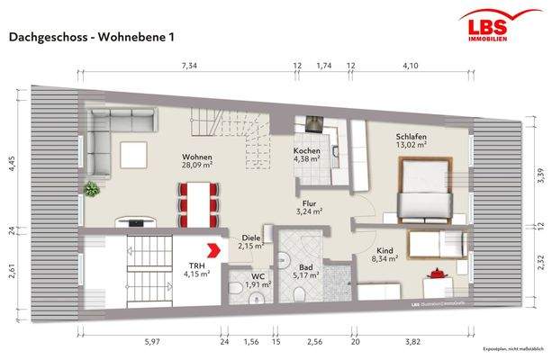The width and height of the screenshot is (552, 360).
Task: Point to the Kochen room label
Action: pos(307,155)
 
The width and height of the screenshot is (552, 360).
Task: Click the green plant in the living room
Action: pos(91,189)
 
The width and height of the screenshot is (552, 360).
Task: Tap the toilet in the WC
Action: pos(235,290)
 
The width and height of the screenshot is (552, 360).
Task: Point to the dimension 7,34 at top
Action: pos(189,66)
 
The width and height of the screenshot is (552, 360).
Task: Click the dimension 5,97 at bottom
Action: pos(151,341)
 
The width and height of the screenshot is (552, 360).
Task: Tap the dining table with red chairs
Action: pos(196,201)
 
